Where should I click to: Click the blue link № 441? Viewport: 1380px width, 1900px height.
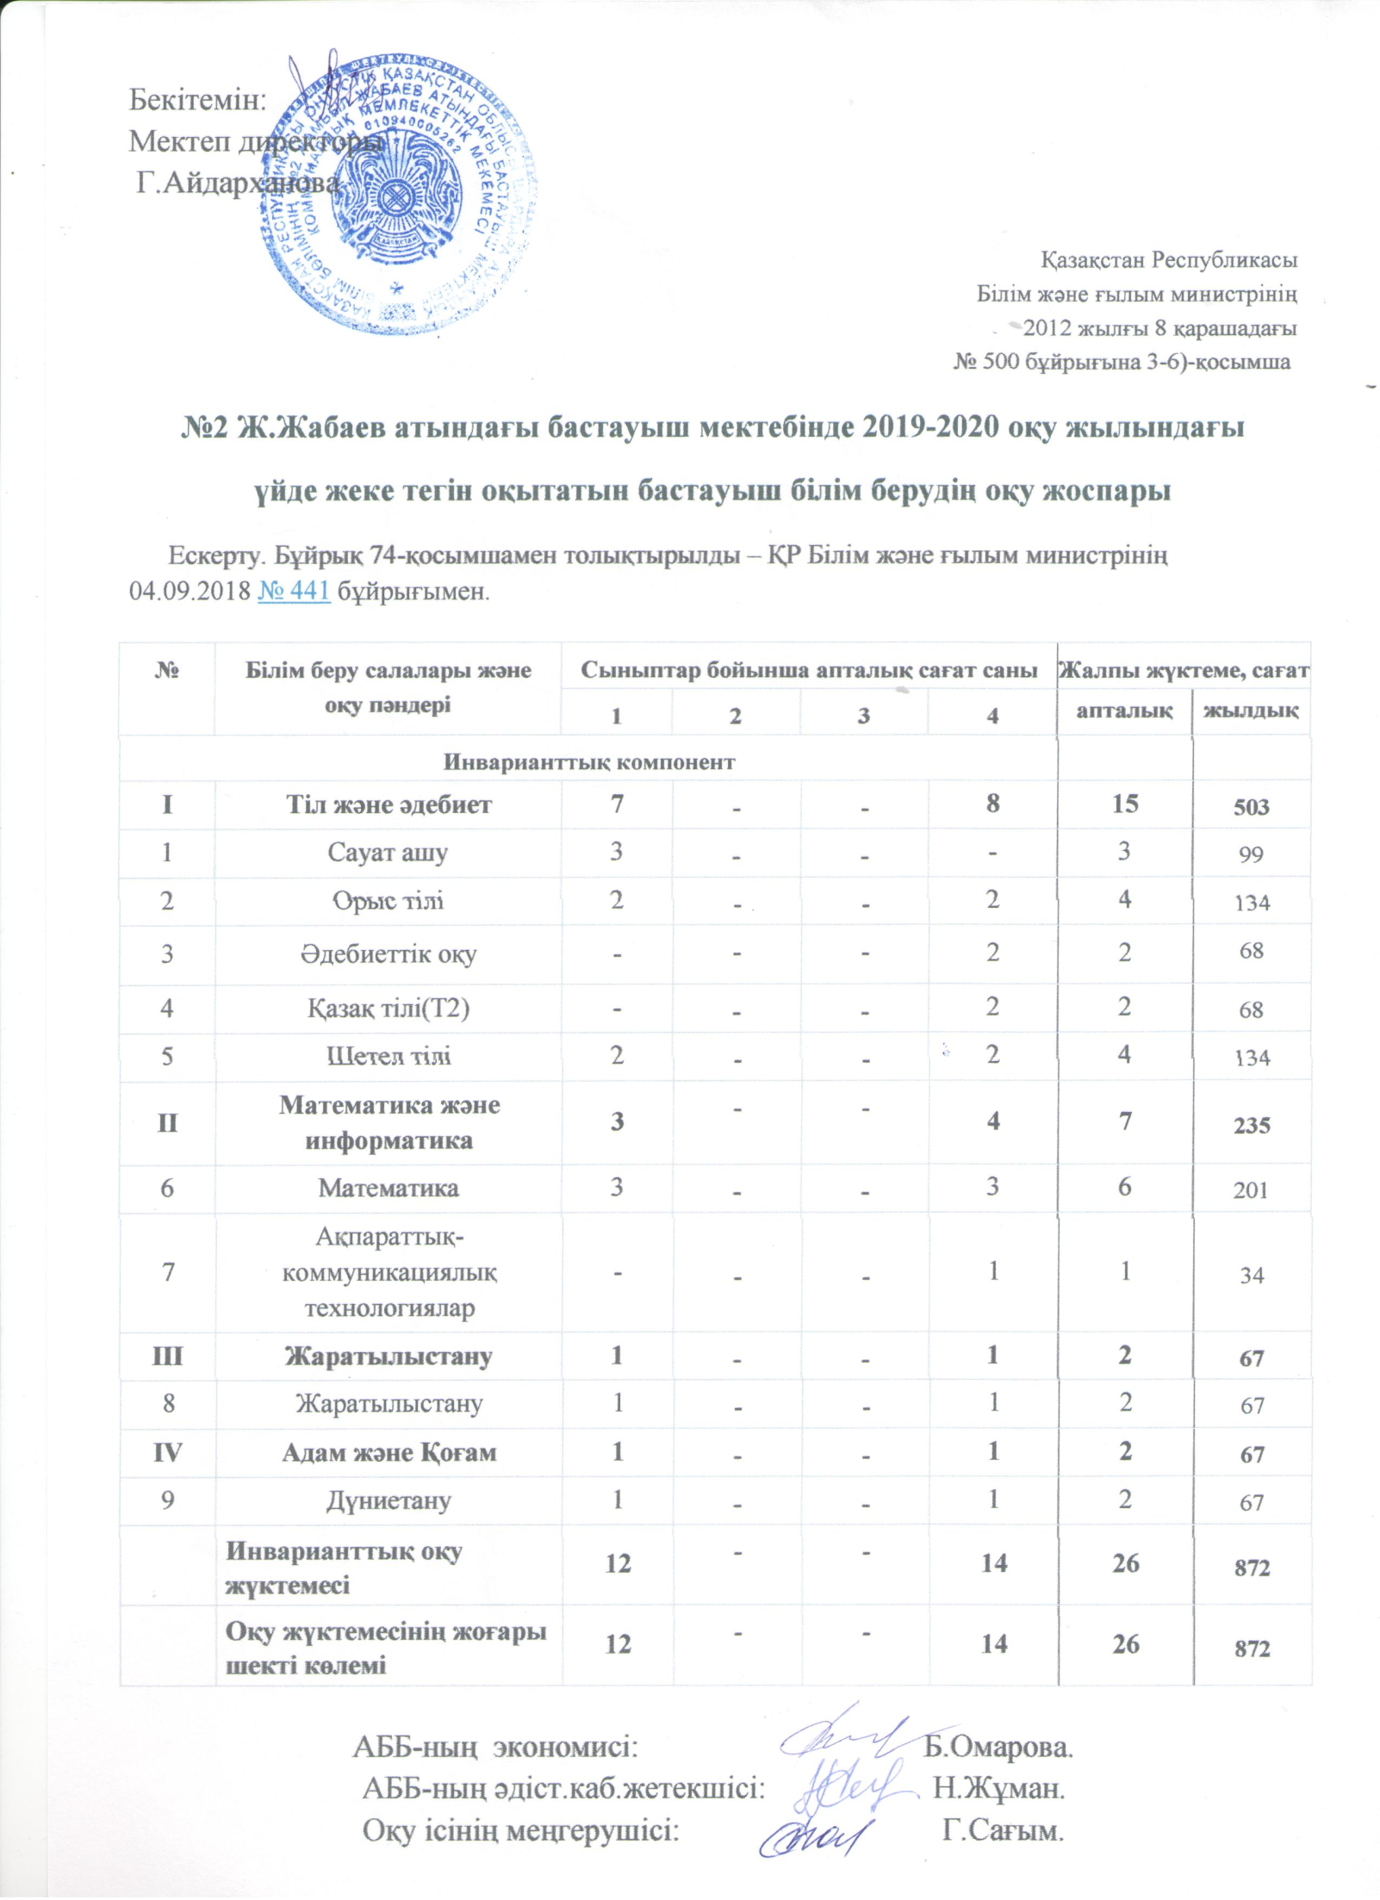[x=294, y=592]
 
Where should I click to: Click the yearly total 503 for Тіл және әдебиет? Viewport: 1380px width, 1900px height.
[x=1251, y=806]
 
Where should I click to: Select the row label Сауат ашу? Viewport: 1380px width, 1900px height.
[x=388, y=853]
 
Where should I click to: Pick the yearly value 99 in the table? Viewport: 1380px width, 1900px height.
[x=1251, y=854]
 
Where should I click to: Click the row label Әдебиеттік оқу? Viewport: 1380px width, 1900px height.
[x=389, y=953]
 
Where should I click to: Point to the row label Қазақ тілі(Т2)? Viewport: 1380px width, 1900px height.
[x=389, y=1008]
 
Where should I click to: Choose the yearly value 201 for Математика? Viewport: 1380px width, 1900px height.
[x=1251, y=1189]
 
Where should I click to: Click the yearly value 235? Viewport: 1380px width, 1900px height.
[x=1251, y=1125]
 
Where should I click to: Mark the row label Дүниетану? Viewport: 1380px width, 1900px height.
[x=389, y=1500]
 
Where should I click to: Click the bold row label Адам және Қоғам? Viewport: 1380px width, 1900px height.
[x=389, y=1452]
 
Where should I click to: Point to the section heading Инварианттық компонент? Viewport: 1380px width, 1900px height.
[x=589, y=761]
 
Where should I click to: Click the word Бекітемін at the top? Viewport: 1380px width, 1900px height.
[x=197, y=101]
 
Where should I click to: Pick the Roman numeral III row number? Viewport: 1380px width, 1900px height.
[x=167, y=1357]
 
